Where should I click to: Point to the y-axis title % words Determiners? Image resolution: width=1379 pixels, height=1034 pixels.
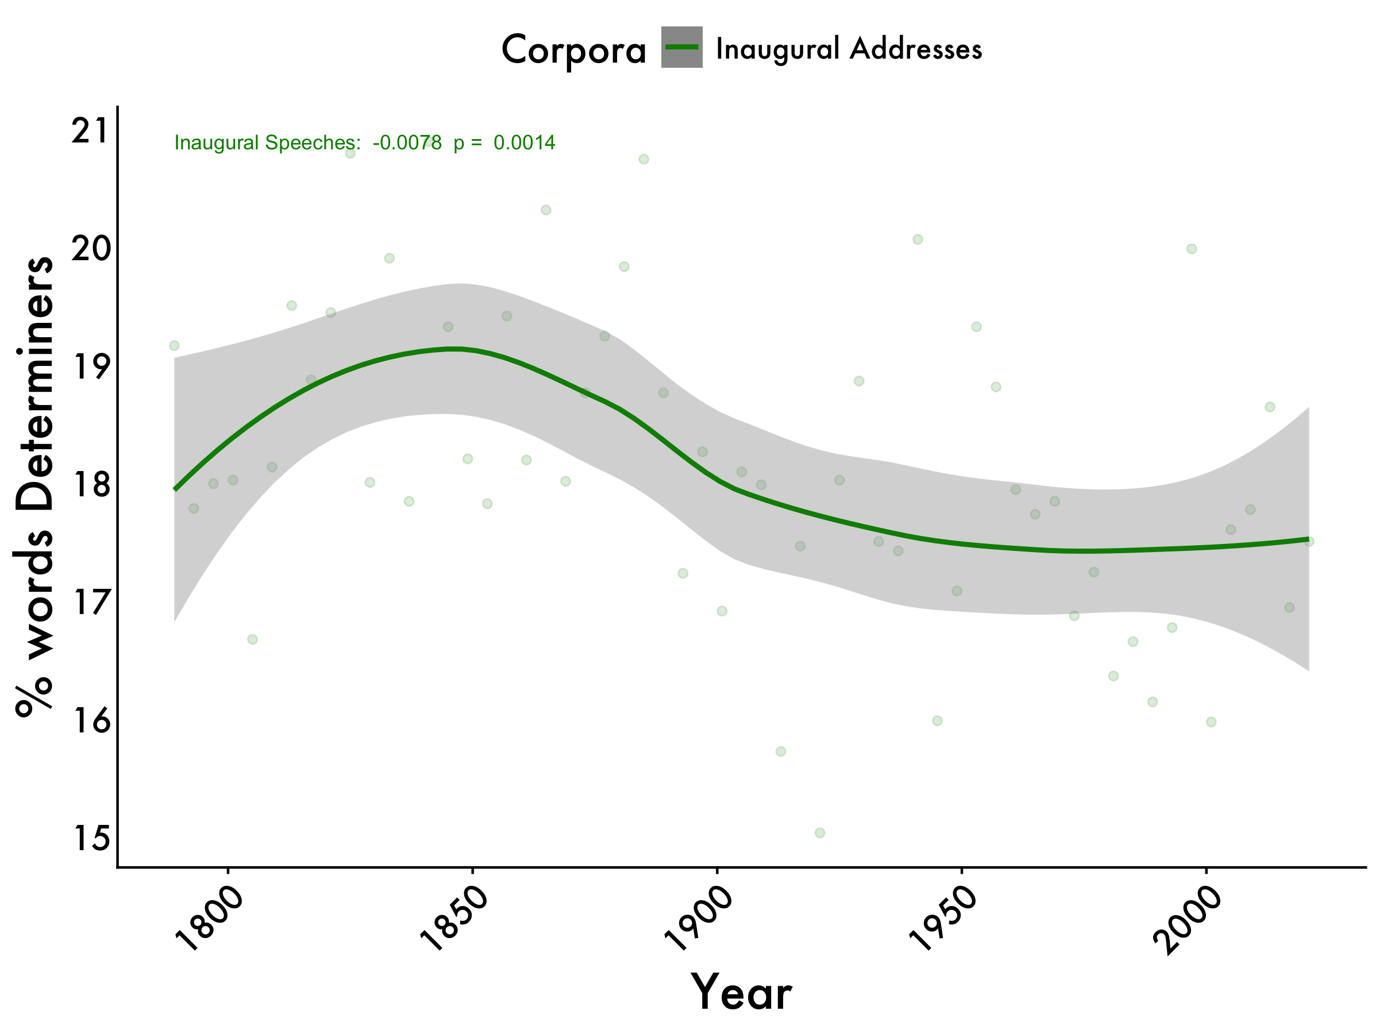point(34,486)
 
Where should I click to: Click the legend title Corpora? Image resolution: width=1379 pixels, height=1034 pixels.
point(573,50)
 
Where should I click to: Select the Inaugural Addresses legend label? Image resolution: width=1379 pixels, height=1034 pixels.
point(849,49)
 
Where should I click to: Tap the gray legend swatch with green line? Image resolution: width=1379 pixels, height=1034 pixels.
point(681,47)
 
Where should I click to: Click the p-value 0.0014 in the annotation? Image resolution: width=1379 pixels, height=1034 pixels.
point(523,142)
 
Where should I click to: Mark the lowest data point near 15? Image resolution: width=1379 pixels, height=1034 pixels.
point(820,833)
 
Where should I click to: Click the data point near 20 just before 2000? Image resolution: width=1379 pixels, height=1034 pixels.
point(1191,249)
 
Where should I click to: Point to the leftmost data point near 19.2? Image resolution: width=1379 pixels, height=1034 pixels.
point(174,345)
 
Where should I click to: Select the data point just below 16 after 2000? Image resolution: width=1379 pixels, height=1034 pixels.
point(1211,722)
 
